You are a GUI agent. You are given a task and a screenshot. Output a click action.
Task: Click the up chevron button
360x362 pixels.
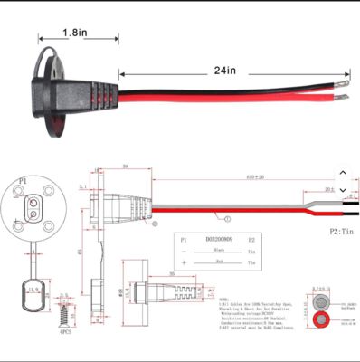(342, 172)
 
